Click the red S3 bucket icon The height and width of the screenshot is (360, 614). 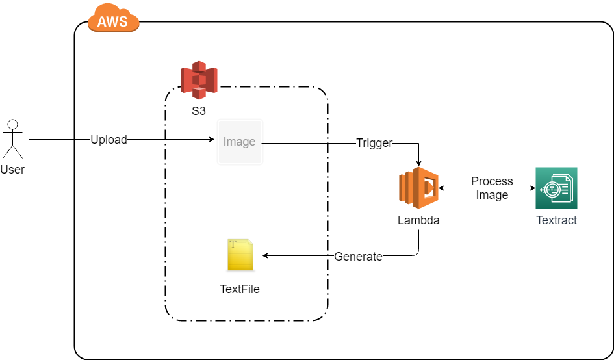click(199, 80)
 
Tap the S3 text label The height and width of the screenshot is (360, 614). click(199, 111)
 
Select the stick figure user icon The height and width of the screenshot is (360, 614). click(12, 138)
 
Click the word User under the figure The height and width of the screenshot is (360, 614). click(12, 170)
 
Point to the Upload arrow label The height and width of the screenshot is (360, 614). click(109, 140)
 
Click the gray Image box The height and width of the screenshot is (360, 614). click(240, 142)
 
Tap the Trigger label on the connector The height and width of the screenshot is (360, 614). click(374, 143)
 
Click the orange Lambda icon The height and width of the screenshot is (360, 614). click(418, 188)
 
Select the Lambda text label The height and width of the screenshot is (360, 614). click(418, 220)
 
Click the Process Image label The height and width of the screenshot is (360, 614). click(492, 188)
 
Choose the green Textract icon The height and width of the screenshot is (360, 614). click(556, 188)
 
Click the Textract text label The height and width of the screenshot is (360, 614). click(556, 220)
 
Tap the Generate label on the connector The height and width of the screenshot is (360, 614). click(358, 257)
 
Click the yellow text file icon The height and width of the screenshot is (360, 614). click(240, 255)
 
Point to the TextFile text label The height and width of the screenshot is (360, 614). click(240, 289)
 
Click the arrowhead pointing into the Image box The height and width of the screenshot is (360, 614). click(212, 140)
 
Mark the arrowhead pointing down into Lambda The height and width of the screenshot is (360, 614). click(418, 162)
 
